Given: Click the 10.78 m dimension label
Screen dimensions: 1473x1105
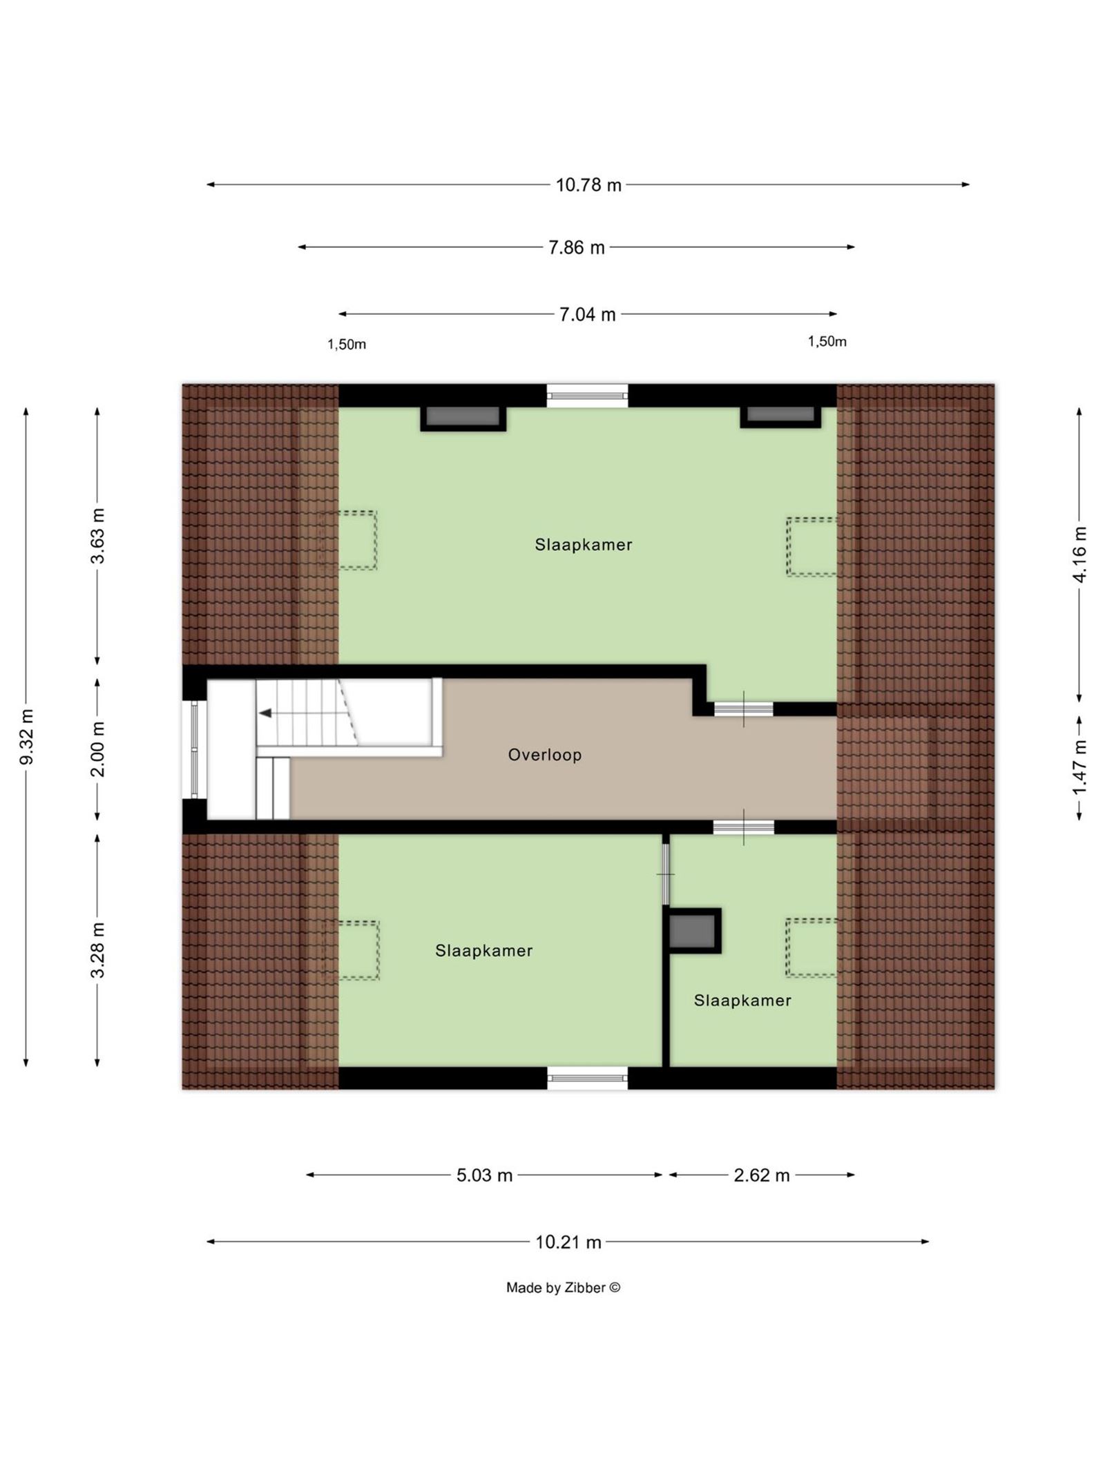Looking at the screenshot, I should click(x=588, y=185).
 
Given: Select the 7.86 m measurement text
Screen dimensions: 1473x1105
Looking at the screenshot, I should click(x=576, y=247).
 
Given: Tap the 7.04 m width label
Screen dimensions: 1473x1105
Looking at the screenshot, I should click(x=587, y=315).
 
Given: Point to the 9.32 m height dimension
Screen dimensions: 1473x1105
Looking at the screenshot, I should click(x=26, y=737).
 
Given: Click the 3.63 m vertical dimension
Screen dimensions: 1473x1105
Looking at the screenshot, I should click(x=97, y=536).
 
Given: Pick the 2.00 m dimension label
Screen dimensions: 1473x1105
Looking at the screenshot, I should click(x=97, y=749).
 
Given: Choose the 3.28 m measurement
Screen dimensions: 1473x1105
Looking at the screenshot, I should click(x=97, y=950).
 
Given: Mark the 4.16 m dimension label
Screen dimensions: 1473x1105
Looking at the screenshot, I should click(x=1079, y=555).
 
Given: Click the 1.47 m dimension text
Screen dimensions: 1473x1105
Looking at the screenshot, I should click(x=1079, y=767).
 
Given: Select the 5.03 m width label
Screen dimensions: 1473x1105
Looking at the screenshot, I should click(x=484, y=1175).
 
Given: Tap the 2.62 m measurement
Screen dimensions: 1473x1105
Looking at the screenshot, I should click(x=761, y=1175).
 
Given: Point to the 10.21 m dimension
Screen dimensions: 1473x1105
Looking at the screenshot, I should click(x=568, y=1242).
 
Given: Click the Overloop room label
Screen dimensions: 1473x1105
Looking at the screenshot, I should click(x=545, y=755).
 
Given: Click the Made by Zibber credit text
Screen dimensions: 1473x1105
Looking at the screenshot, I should click(x=563, y=1288).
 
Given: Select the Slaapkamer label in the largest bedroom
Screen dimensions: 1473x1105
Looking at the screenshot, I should click(x=584, y=545).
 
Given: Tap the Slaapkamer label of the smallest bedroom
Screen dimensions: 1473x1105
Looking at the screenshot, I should click(x=742, y=1001).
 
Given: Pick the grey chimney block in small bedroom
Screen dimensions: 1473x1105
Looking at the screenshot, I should click(x=693, y=931).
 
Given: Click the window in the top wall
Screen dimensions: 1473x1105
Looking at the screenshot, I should click(x=587, y=396).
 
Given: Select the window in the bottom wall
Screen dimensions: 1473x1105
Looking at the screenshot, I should click(x=587, y=1078).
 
